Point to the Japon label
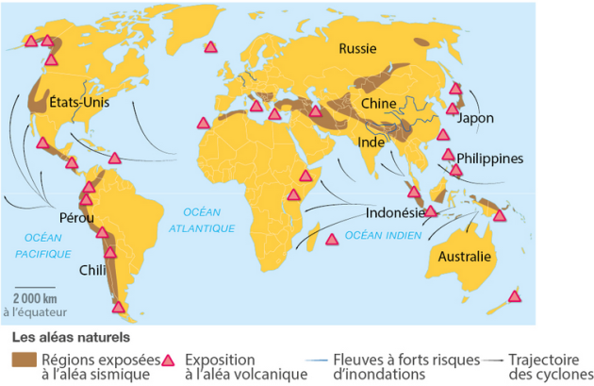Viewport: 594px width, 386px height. click(x=476, y=118)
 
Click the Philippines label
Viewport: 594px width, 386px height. click(x=490, y=159)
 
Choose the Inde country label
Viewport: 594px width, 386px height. click(x=371, y=142)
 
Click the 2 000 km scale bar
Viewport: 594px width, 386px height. click(x=34, y=287)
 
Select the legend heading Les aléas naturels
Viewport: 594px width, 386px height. click(x=70, y=336)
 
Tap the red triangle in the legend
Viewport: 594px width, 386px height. click(x=170, y=360)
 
